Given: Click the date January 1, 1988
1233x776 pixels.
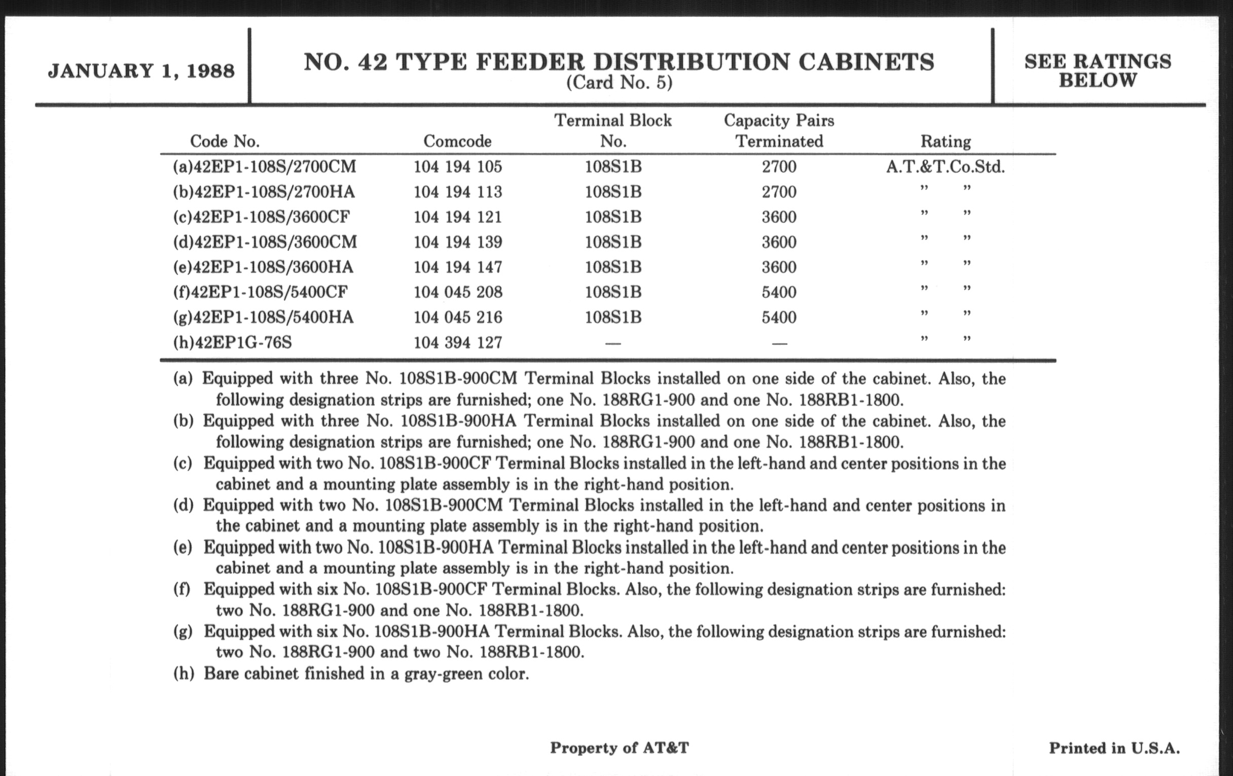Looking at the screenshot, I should (x=141, y=70).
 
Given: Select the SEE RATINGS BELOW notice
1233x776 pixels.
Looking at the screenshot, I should (x=1097, y=70).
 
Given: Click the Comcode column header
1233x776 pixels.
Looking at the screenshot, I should (x=457, y=142).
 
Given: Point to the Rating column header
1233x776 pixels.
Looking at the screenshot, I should (x=945, y=142).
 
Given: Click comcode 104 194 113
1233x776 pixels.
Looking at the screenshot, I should (x=458, y=192).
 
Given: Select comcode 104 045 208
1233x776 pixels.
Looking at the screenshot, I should (x=458, y=292).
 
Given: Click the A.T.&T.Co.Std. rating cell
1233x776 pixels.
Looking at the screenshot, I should (x=945, y=167).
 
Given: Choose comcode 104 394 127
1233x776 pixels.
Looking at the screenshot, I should (x=458, y=342).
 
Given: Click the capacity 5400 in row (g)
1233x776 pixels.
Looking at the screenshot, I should (x=779, y=317).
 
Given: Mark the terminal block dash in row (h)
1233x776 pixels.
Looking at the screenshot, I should (x=613, y=343).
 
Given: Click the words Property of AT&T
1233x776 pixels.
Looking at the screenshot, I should (x=619, y=748).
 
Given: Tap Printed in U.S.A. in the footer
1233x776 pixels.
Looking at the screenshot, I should (x=1114, y=748).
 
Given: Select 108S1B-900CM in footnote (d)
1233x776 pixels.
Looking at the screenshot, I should (x=444, y=506).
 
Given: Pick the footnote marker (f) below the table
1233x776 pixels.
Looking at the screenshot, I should (x=182, y=589).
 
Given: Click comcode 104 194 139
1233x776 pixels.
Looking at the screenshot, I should (x=458, y=242).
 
